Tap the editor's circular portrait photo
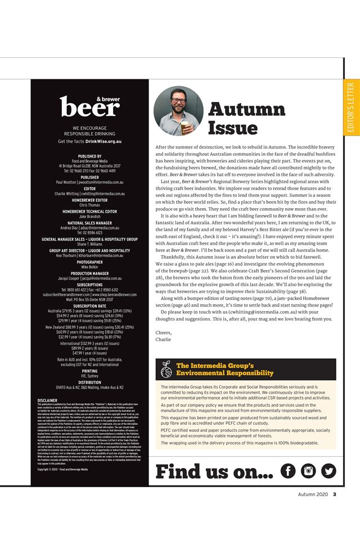pyautogui.click(x=178, y=111)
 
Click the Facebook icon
pyautogui.click(x=287, y=471)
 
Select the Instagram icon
pyautogui.click(x=308, y=471)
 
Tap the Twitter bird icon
pyautogui.click(x=328, y=471)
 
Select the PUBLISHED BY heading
pyautogui.click(x=90, y=156)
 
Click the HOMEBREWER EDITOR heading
pyautogui.click(x=90, y=200)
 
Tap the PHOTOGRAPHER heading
pyautogui.click(x=90, y=262)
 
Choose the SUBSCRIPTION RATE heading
pyautogui.click(x=90, y=306)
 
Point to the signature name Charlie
pyautogui.click(x=163, y=339)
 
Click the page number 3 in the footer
pyautogui.click(x=334, y=495)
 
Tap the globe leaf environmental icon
pyautogui.click(x=166, y=369)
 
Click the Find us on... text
pyautogui.click(x=213, y=471)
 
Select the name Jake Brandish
pyautogui.click(x=90, y=216)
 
